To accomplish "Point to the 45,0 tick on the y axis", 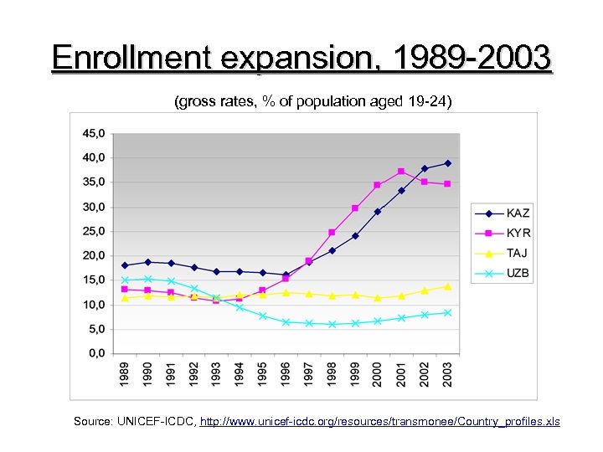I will point(93,133).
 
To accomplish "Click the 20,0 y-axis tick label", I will point(93,255).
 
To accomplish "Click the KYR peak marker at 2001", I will point(401,172).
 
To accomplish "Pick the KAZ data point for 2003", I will point(447,163).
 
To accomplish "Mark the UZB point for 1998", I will point(332,324).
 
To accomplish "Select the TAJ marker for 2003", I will point(447,286).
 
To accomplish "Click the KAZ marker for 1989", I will point(125,265).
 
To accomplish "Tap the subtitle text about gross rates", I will point(312,102).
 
